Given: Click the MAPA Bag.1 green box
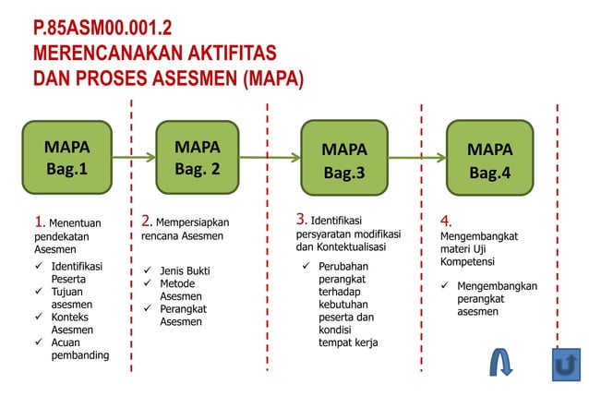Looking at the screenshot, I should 66,158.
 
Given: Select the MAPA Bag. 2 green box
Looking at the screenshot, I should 198,158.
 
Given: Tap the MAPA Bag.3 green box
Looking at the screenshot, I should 344,159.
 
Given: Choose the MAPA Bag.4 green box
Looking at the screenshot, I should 489,159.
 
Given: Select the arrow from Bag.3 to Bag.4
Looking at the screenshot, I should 416,158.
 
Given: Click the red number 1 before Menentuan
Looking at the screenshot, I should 39,222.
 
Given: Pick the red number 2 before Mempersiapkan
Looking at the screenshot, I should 147,221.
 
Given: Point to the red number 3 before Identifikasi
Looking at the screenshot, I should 301,219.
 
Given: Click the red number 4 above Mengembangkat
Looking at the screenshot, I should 445,222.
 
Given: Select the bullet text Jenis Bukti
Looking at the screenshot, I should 185,270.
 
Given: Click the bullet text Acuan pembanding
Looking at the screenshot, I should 79,349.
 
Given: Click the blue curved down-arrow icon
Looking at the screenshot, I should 501,363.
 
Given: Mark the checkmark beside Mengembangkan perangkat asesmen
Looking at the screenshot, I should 444,286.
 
